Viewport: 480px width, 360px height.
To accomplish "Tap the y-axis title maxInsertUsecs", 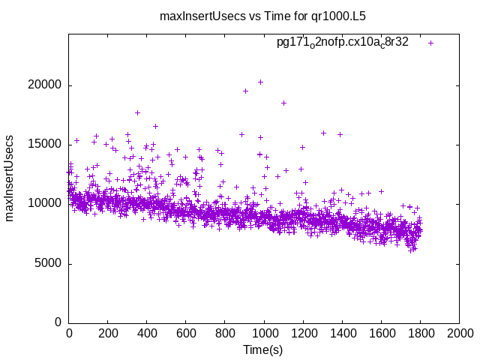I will pos(10,178).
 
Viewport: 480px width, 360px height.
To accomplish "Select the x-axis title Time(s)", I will pos(262,349).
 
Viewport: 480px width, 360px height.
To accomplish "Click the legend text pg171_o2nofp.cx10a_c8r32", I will pos(342,42).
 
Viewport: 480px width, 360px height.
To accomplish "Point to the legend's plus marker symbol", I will pos(430,43).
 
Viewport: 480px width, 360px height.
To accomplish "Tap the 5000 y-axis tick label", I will pos(49,263).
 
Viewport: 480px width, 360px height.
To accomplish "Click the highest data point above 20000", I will pos(260,82).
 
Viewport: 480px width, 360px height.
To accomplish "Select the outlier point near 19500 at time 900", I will pos(245,91).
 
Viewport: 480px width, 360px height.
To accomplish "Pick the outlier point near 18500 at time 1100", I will pos(283,103).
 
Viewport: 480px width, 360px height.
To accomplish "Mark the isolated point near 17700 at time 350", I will pos(137,112).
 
